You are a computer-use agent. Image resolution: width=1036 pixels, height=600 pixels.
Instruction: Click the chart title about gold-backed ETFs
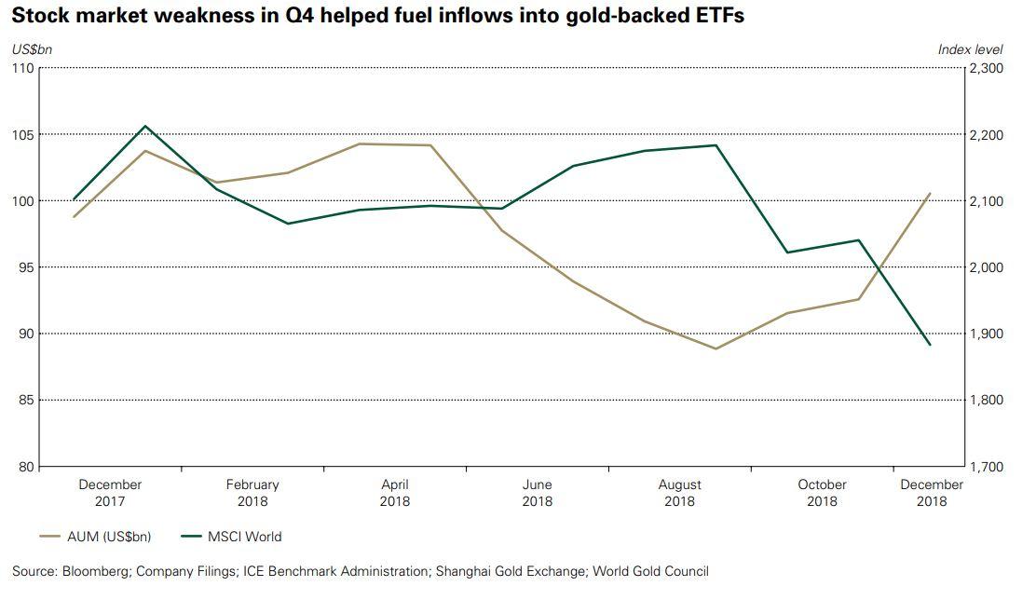pyautogui.click(x=377, y=16)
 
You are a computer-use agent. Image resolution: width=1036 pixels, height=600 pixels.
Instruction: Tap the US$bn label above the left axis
pyautogui.click(x=28, y=49)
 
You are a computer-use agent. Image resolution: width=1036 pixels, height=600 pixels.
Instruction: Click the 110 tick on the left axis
pyautogui.click(x=22, y=69)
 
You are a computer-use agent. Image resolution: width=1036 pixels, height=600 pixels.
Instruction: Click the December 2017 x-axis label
pyautogui.click(x=110, y=493)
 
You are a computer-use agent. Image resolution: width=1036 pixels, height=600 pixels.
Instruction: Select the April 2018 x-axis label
pyautogui.click(x=395, y=493)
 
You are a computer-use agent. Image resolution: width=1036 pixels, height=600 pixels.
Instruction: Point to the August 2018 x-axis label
pyautogui.click(x=679, y=493)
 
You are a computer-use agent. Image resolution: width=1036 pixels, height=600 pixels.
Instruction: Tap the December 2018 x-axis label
pyautogui.click(x=931, y=493)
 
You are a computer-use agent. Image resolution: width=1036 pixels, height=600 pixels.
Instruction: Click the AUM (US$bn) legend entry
pyautogui.click(x=96, y=537)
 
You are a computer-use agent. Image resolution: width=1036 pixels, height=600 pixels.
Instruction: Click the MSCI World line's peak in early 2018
pyautogui.click(x=145, y=126)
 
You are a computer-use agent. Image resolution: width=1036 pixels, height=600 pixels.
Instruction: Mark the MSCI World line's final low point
pyautogui.click(x=930, y=345)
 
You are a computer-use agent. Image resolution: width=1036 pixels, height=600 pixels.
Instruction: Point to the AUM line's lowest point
pyautogui.click(x=716, y=348)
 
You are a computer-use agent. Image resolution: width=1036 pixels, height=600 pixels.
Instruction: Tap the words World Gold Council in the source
pyautogui.click(x=650, y=571)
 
